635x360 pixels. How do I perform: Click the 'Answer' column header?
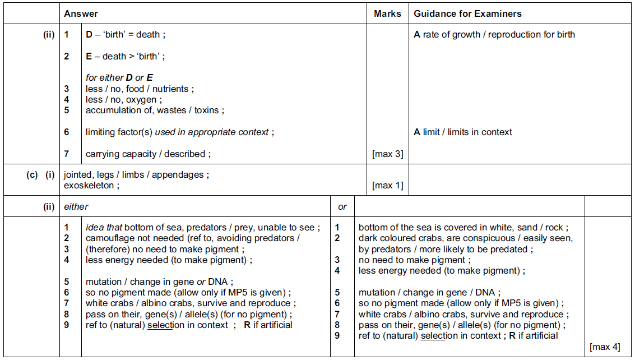click(x=81, y=13)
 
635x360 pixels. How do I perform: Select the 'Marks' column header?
click(x=387, y=13)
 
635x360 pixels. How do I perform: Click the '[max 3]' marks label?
click(x=387, y=154)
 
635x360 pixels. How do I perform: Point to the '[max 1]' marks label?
click(x=387, y=186)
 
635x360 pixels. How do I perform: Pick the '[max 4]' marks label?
click(x=605, y=347)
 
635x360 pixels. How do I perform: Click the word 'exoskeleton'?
click(x=89, y=186)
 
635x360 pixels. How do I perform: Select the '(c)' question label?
click(x=32, y=174)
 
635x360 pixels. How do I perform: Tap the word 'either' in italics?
click(x=76, y=207)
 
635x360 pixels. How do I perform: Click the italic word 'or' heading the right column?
click(x=342, y=207)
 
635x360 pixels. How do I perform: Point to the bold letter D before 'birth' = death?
click(x=89, y=35)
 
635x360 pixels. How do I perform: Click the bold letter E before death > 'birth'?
click(x=89, y=56)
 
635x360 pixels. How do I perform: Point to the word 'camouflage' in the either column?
click(x=109, y=238)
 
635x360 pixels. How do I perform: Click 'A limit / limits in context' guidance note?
click(x=462, y=132)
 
